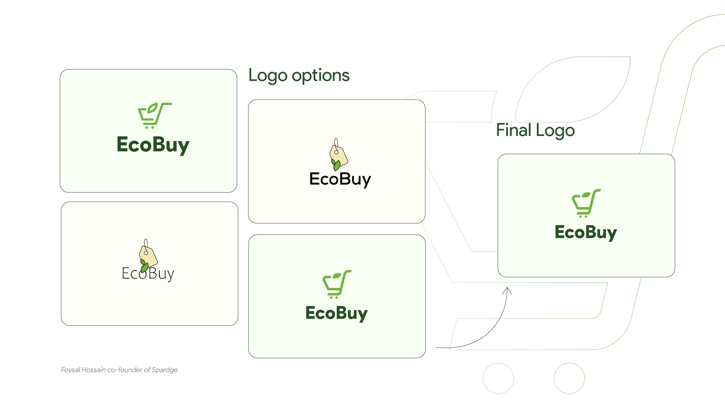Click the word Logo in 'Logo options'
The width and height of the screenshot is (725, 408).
(x=268, y=75)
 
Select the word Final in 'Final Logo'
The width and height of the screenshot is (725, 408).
(x=514, y=130)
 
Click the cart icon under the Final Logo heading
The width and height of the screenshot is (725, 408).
(x=586, y=203)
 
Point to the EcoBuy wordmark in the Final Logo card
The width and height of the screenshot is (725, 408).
(x=586, y=232)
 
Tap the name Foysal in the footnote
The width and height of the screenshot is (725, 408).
(x=71, y=370)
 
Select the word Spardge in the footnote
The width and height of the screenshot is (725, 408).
(x=165, y=370)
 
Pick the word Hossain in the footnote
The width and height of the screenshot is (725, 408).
(x=94, y=370)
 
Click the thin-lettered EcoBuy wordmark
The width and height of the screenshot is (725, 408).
(x=148, y=274)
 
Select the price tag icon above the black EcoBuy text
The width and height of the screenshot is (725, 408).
(x=338, y=154)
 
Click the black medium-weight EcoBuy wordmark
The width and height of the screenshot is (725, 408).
(x=340, y=179)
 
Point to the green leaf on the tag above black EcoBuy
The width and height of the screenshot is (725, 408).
(x=336, y=165)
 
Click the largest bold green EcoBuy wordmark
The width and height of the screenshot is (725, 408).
(x=153, y=145)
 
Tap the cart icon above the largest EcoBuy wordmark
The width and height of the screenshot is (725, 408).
(x=155, y=115)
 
